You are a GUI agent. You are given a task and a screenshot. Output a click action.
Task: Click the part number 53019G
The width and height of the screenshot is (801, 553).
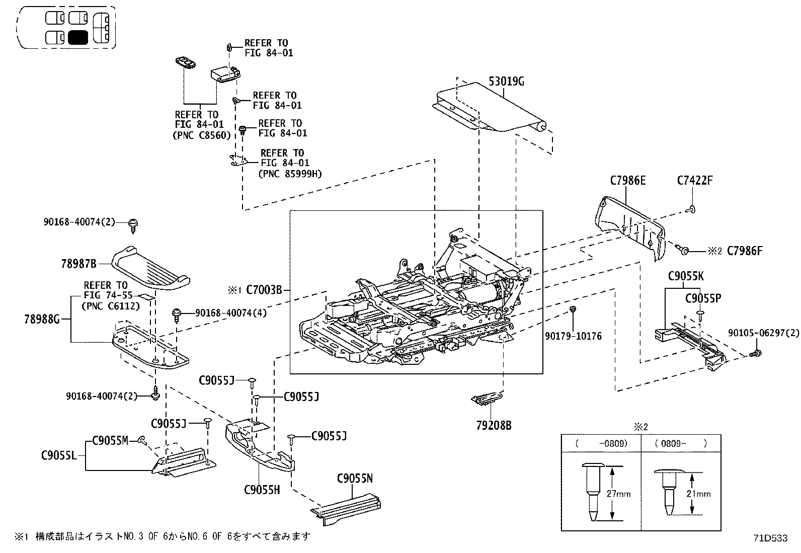click(x=506, y=81)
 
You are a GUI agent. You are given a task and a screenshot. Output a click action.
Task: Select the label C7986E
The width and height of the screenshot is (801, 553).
click(x=627, y=180)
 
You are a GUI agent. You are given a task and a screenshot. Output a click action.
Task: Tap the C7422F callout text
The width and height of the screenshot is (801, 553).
click(x=695, y=180)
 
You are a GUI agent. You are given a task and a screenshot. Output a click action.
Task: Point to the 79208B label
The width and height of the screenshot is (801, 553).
click(x=494, y=425)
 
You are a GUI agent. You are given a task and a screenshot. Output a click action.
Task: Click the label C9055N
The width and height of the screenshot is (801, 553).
click(x=355, y=478)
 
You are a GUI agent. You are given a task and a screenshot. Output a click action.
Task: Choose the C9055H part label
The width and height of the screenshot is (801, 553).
click(x=262, y=489)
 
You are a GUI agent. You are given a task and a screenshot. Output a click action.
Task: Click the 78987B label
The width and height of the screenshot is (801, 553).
click(x=78, y=263)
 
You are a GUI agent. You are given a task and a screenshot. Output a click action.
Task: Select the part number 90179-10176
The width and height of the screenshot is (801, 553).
click(x=573, y=336)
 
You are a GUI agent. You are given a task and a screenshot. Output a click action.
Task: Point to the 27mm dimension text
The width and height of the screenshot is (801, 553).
click(x=618, y=494)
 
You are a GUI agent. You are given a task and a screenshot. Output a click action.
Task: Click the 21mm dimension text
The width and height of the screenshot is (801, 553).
click(x=698, y=494)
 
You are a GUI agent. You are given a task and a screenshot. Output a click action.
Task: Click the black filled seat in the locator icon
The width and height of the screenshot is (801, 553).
click(x=78, y=37)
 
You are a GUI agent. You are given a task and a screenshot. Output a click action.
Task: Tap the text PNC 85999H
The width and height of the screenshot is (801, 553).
click(x=290, y=174)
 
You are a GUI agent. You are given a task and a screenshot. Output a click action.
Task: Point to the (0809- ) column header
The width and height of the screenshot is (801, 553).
click(x=681, y=443)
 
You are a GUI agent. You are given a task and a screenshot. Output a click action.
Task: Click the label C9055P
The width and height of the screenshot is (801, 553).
click(x=703, y=298)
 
